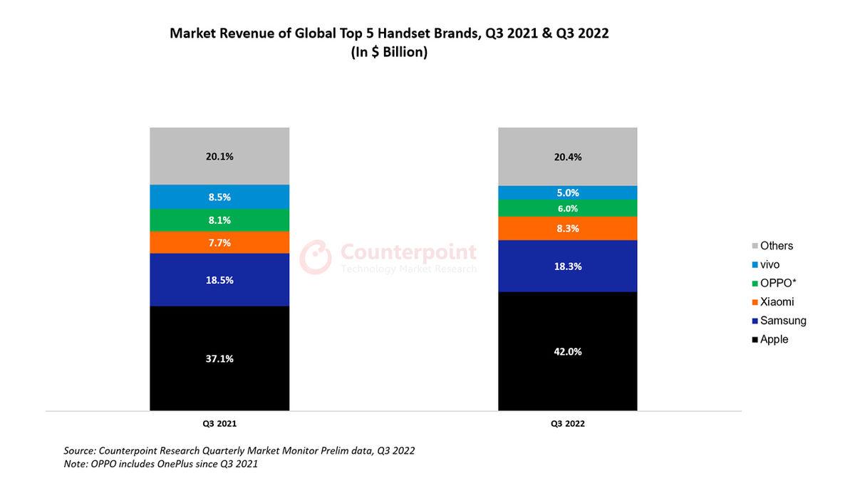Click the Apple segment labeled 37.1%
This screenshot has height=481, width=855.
coord(219,358)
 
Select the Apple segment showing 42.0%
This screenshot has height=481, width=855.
coord(567,351)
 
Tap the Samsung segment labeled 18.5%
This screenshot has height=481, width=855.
coord(219,280)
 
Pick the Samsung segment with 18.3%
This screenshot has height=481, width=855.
coord(567,266)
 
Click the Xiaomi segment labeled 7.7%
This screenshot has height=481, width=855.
coord(219,242)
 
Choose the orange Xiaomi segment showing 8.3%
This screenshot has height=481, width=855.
coord(567,229)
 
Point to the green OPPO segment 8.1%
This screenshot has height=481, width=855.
coord(219,220)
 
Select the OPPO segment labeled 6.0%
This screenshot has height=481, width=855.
coord(567,208)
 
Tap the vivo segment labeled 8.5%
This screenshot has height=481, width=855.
coord(219,197)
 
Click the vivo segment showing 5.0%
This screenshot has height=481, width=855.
coord(567,192)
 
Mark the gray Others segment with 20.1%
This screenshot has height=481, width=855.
coord(219,156)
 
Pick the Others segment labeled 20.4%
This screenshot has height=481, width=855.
coord(567,157)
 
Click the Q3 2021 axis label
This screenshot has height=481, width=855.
coord(219,423)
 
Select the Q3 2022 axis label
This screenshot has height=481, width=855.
coord(567,423)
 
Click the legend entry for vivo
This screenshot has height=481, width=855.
coord(769,264)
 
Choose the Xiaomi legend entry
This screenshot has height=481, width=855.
coord(776,302)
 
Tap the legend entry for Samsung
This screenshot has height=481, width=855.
coord(782,321)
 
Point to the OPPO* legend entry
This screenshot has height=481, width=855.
coord(777,283)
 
